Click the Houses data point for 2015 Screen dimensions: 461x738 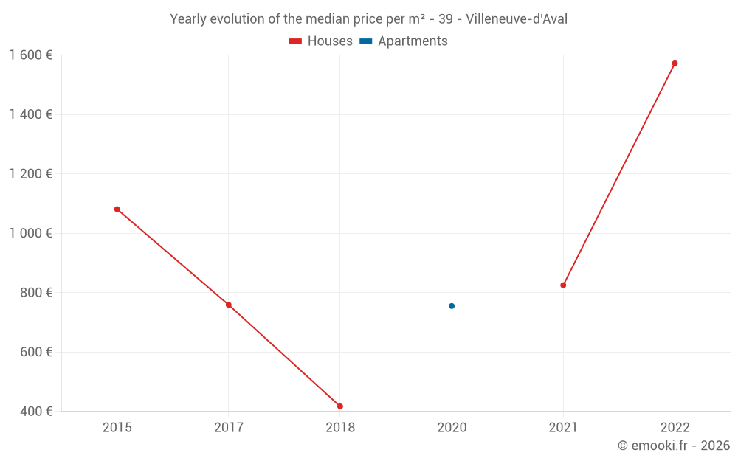[117, 209]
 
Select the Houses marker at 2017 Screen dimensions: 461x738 [229, 305]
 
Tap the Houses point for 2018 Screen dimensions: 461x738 [340, 406]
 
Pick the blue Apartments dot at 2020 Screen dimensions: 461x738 [452, 306]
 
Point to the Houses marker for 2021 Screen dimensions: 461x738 [563, 285]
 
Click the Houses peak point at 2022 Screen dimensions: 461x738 [675, 63]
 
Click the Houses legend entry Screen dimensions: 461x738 [321, 41]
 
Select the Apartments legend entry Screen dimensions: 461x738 [404, 41]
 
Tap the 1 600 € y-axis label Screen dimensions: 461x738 [30, 55]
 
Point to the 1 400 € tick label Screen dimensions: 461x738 [30, 114]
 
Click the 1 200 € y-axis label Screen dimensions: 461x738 [30, 174]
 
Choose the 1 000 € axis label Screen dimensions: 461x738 [30, 233]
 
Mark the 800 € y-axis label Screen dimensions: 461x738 [35, 293]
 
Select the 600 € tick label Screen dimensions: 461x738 [35, 352]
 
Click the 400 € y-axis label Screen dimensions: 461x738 [35, 412]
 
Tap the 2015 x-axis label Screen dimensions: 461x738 [117, 427]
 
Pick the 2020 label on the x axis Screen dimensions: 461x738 [452, 427]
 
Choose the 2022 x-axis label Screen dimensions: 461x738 [675, 427]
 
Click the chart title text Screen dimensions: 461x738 [368, 19]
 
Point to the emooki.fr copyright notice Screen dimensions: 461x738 [674, 446]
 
